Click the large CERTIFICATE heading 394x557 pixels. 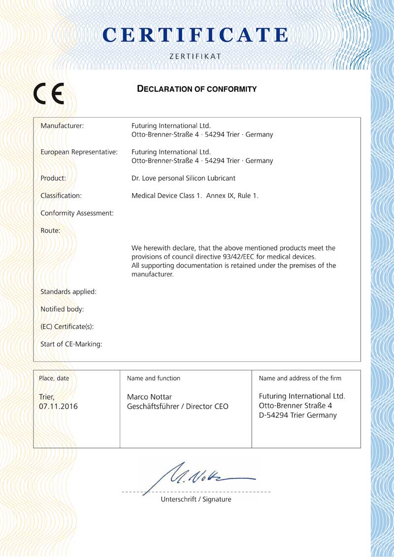click(x=197, y=35)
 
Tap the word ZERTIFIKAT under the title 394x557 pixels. click(x=195, y=57)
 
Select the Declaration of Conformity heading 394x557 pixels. click(x=197, y=89)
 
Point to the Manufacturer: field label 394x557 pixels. click(x=62, y=126)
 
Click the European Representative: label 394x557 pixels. click(x=79, y=152)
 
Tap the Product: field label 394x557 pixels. click(x=53, y=178)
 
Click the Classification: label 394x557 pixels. click(x=61, y=196)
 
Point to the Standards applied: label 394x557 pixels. click(x=68, y=292)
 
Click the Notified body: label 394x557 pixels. click(x=62, y=309)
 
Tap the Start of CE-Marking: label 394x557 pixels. click(x=71, y=344)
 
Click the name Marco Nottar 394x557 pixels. click(x=150, y=397)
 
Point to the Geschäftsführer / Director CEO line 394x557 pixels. click(x=177, y=406)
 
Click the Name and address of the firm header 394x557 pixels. click(x=300, y=378)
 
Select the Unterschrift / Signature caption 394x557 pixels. click(x=196, y=499)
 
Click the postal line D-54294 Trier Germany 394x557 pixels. click(x=297, y=415)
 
